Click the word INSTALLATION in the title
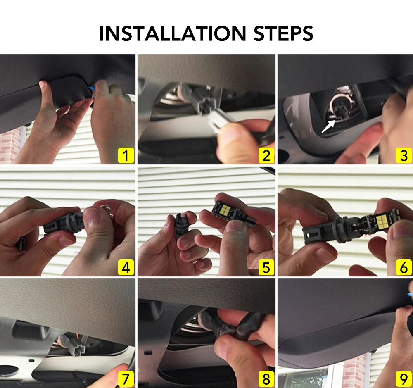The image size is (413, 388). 173,33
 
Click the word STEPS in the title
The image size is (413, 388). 283,33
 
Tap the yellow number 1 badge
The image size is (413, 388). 126,155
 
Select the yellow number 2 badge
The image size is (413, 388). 266,155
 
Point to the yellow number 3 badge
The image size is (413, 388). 404,155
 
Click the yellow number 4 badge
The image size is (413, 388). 126,267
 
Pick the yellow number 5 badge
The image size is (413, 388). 266,267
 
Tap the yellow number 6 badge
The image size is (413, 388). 404,267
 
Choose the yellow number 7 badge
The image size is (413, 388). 126,379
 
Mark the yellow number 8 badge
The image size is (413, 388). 266,379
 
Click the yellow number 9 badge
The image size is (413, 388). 404,379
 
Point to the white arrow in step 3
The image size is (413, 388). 328,126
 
